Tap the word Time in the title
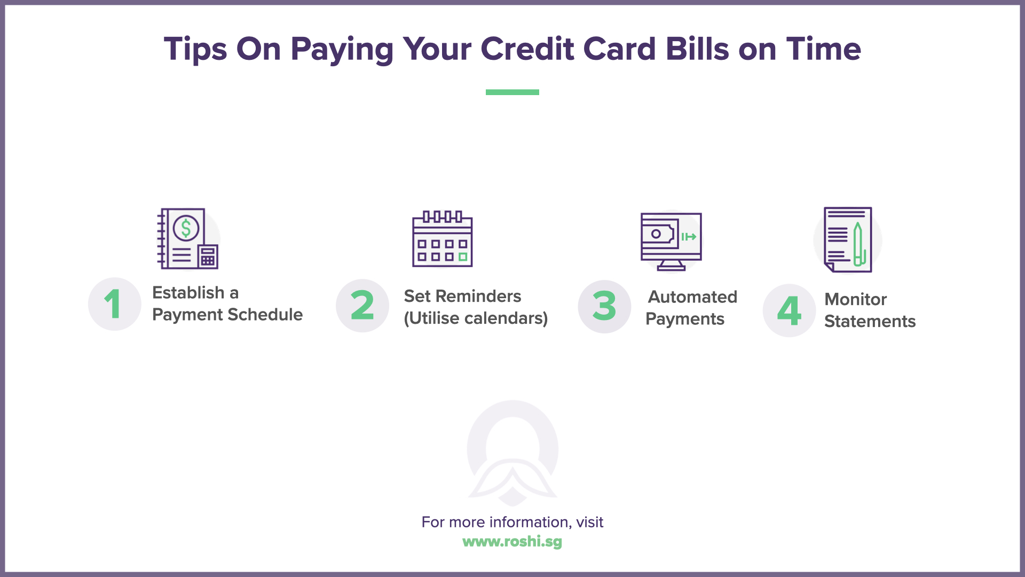point(823,49)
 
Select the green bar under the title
point(512,92)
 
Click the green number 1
point(113,304)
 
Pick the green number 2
point(362,306)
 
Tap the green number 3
point(604,307)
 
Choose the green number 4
point(789,310)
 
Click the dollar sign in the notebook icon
point(186,228)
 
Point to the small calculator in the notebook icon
point(208,257)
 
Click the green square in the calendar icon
point(463,257)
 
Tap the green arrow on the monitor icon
point(689,237)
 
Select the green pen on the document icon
point(857,244)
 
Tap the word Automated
point(692,297)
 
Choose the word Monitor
point(855,299)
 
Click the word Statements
point(870,321)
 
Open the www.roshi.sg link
point(512,542)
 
